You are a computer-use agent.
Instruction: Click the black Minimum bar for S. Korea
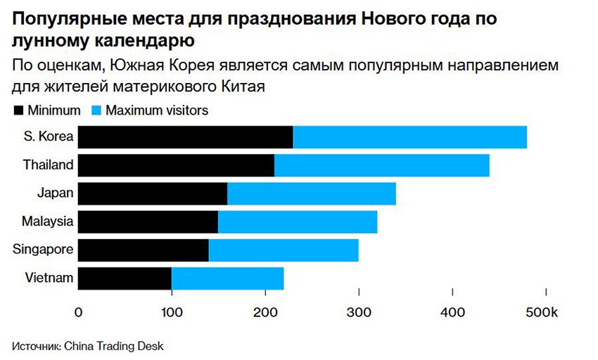[185, 137]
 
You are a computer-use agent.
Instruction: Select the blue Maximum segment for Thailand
[381, 165]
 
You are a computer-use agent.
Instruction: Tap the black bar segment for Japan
[152, 193]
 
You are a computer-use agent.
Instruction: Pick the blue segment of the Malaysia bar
[297, 221]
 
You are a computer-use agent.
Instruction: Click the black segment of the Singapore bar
[143, 250]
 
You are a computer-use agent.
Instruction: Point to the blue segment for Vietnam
[227, 278]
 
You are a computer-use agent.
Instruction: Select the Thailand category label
[49, 165]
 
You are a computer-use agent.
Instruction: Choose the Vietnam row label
[50, 277]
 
